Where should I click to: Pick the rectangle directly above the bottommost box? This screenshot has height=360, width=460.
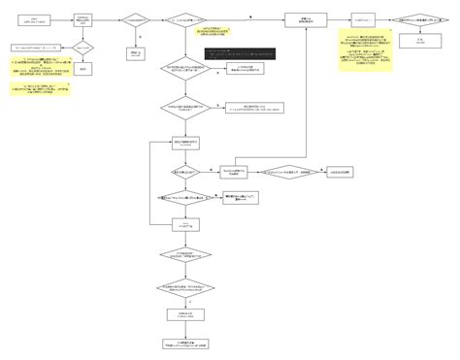point(183,315)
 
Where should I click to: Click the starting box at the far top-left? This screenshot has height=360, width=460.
point(35,19)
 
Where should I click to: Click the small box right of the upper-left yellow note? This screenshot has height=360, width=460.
point(84,69)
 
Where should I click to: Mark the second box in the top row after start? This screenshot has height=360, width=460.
point(84,19)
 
